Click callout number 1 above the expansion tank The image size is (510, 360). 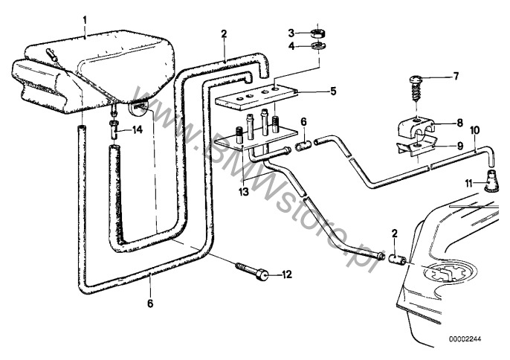pos(85,17)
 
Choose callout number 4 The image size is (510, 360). pos(292,47)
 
